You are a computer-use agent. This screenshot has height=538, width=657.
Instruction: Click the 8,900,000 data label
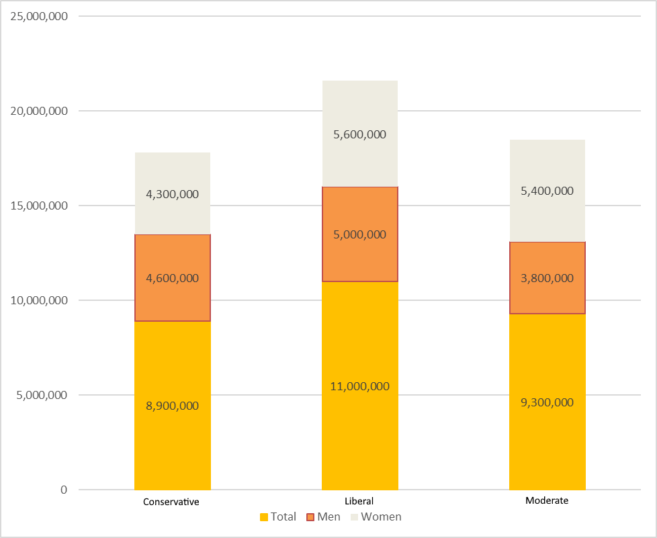[x=172, y=406]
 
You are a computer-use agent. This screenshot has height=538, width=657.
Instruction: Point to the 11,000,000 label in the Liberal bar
[x=359, y=386]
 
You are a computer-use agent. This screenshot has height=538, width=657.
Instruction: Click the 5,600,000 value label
[x=359, y=134]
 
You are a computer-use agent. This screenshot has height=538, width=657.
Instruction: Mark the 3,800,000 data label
[x=547, y=278]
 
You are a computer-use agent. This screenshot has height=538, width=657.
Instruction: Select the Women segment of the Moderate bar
[x=547, y=168]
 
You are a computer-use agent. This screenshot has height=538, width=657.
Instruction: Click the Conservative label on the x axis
[x=171, y=502]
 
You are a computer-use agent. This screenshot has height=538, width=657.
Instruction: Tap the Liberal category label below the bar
[x=359, y=501]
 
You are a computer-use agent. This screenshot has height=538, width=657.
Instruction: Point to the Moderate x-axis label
[x=547, y=500]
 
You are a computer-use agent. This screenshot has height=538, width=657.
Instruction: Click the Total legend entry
[x=277, y=517]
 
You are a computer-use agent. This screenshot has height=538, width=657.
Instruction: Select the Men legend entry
[x=323, y=517]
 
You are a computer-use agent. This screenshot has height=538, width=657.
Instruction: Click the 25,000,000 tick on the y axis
[x=39, y=16]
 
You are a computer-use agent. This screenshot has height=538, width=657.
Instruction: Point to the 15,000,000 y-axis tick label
[x=39, y=206]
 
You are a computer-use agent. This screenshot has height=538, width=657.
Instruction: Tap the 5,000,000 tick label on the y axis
[x=42, y=395]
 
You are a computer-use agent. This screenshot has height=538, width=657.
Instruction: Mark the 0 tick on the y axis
[x=64, y=490]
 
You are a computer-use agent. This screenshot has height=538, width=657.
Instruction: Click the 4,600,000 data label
[x=172, y=278]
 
